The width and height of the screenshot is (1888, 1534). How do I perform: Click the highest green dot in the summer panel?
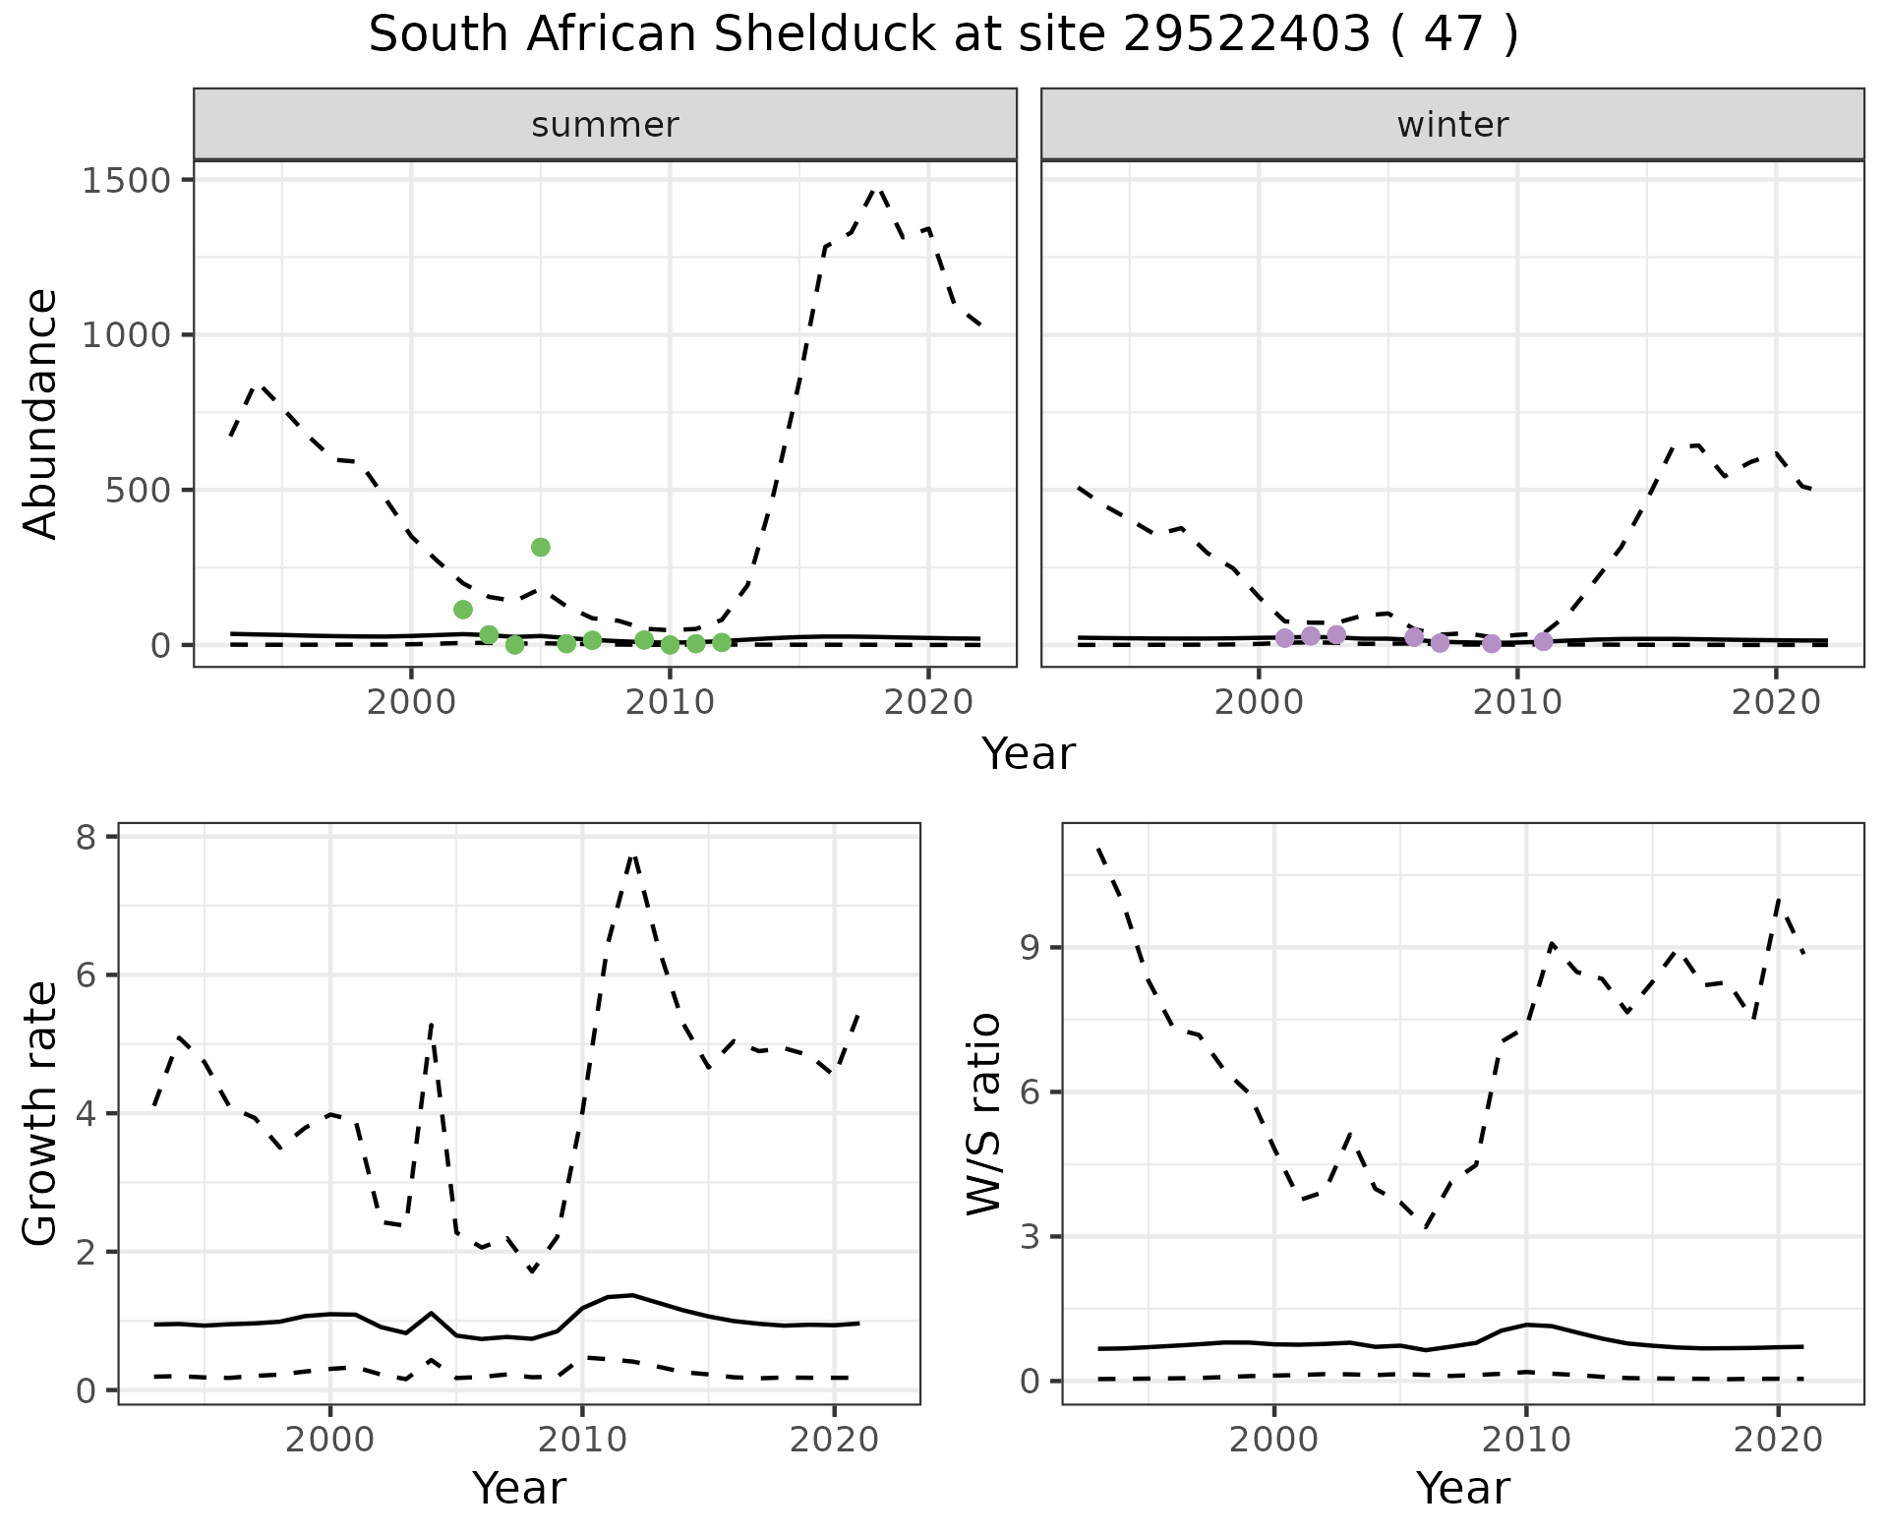click(x=540, y=547)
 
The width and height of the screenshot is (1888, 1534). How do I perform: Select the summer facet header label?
click(x=605, y=125)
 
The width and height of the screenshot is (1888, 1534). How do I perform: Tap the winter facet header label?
click(x=1452, y=125)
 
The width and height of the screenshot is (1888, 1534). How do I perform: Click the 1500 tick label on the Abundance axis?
click(x=127, y=180)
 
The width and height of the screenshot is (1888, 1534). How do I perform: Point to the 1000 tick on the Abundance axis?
click(x=127, y=335)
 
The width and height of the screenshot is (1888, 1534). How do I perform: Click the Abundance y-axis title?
click(x=41, y=413)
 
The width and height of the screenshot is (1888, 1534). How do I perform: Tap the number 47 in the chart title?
click(x=1452, y=35)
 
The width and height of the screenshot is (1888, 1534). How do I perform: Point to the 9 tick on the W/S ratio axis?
click(x=1031, y=948)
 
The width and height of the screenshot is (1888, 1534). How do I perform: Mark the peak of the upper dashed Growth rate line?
click(x=633, y=856)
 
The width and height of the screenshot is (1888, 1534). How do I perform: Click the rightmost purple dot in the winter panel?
click(x=1543, y=641)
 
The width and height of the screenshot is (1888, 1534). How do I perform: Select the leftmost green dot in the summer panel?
click(x=463, y=610)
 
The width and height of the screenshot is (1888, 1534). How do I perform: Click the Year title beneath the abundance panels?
click(x=1029, y=754)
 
